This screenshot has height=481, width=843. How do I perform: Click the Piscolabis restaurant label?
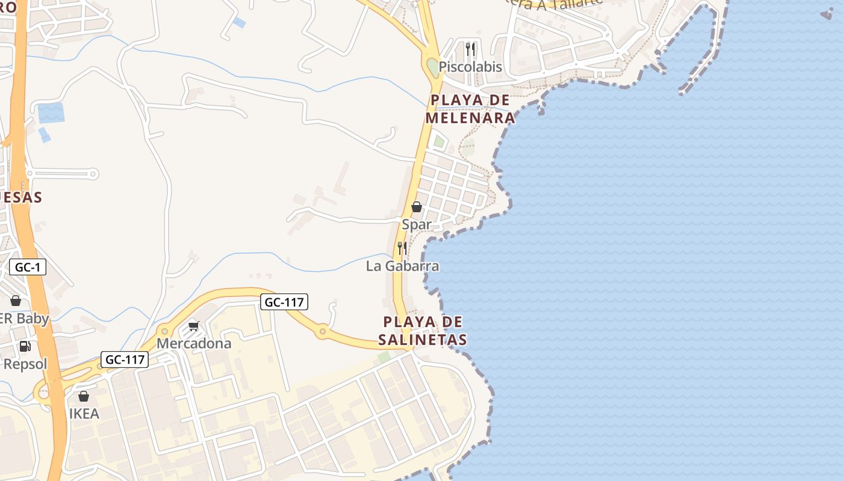(470, 67)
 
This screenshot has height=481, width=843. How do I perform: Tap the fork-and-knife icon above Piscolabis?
(470, 49)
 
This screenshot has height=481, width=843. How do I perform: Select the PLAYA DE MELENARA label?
(470, 109)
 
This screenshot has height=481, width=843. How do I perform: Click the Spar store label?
(417, 224)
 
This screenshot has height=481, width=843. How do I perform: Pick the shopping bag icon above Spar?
(417, 207)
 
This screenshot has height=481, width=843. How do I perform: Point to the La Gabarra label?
(402, 266)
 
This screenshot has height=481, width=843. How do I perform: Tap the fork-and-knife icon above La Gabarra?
(402, 248)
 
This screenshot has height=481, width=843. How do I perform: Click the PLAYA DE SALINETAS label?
(423, 331)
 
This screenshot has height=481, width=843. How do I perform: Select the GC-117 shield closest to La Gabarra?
(284, 302)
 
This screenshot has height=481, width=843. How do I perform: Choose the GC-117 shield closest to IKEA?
(124, 360)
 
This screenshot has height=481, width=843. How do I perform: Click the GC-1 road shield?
(28, 267)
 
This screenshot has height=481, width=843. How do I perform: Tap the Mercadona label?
(194, 343)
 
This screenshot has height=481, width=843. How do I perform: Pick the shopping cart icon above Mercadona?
(193, 326)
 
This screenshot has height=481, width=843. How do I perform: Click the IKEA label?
(84, 414)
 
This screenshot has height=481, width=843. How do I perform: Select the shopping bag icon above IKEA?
(84, 396)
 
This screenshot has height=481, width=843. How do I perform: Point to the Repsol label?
(25, 364)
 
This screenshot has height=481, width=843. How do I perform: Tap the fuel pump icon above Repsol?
(25, 346)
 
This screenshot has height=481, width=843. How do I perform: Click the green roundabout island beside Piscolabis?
(433, 67)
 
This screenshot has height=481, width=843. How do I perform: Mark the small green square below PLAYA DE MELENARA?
(440, 142)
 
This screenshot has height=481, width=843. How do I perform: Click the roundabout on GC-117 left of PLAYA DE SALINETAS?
(323, 331)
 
